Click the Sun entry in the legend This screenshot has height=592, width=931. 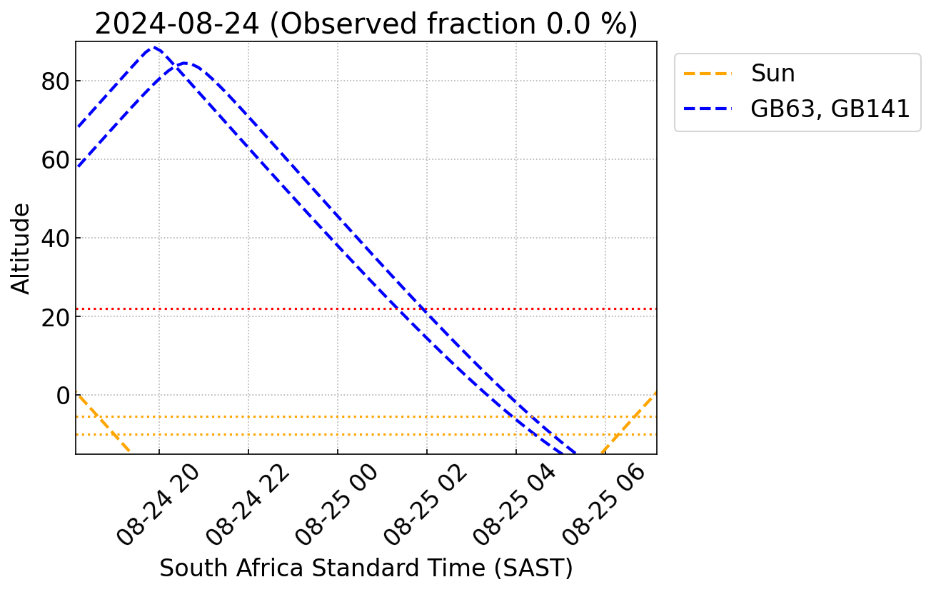point(773,73)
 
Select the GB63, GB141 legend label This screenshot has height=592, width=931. point(830,109)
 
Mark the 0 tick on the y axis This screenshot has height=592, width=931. point(63,396)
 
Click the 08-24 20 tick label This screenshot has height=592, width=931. point(158,503)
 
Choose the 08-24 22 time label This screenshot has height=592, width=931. point(248,503)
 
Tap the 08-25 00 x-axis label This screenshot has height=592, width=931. point(337,503)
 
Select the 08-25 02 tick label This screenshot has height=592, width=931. point(426,503)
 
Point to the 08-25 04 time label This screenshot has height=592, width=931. point(515,503)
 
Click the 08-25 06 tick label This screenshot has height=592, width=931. point(605,503)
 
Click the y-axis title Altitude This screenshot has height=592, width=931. point(21,248)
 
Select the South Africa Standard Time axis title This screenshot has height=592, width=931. point(366,568)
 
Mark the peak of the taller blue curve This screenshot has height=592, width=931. point(153,48)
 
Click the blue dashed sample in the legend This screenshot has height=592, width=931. point(708,109)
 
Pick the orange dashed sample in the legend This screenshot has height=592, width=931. point(708,73)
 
